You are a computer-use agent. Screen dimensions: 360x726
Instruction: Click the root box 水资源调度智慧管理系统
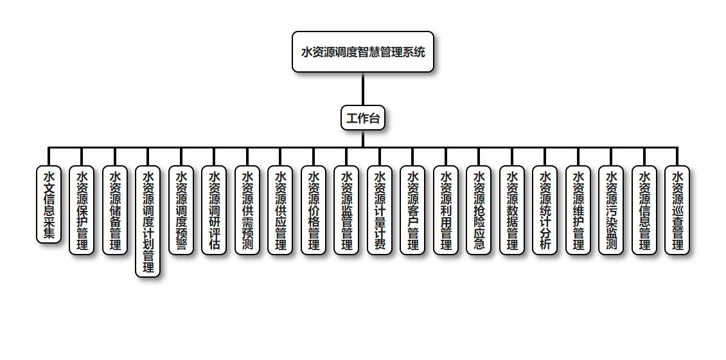point(363,52)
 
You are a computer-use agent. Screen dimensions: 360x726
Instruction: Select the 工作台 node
point(363,118)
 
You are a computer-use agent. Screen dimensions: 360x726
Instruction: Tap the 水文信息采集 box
point(49,204)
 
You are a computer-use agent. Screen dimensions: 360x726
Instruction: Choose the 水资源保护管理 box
point(82,210)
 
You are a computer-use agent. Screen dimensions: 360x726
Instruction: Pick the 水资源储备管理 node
point(115,210)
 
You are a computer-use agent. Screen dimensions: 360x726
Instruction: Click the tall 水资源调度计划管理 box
point(148,221)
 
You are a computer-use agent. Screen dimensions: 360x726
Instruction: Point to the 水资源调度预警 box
point(181,210)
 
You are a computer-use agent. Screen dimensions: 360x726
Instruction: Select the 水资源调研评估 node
point(214,210)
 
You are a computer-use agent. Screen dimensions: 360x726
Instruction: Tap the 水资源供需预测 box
point(247,210)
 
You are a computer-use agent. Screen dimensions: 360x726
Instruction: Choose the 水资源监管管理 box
point(346,210)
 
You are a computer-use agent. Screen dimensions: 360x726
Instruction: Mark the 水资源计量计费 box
point(380,210)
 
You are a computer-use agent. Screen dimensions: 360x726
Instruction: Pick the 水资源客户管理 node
point(412,210)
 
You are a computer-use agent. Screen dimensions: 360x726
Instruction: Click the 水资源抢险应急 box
point(479,210)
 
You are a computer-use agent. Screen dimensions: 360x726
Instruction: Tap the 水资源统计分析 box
point(545,210)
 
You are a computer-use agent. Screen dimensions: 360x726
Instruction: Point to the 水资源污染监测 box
point(611,210)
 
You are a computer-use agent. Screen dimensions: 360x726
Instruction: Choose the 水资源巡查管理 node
point(677,210)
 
